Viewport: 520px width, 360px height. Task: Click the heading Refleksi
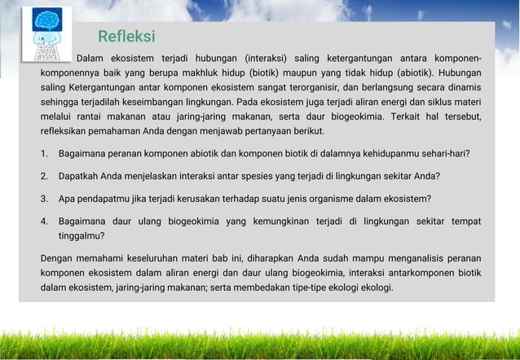pos(126,37)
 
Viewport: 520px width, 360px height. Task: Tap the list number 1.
pos(43,153)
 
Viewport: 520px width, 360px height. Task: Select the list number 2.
pos(43,175)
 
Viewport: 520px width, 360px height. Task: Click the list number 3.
pos(43,198)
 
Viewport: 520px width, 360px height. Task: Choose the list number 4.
pos(43,221)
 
